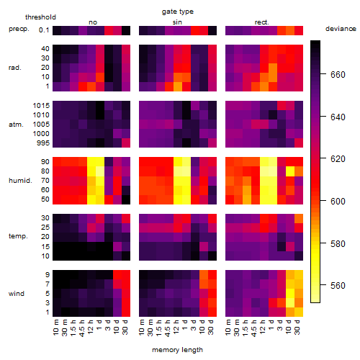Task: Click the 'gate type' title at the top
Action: click(178, 12)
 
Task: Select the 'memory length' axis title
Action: click(177, 350)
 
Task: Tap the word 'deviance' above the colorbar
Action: click(341, 29)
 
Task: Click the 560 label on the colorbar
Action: click(338, 285)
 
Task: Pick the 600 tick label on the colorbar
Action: click(338, 201)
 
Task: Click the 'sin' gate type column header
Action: click(177, 22)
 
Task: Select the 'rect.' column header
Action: click(262, 22)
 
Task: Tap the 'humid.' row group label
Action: click(20, 181)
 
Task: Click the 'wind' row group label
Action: click(17, 294)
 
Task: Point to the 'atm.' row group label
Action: click(16, 125)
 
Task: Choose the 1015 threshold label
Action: click(41, 106)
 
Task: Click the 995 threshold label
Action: click(43, 143)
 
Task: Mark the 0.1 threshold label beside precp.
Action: click(44, 30)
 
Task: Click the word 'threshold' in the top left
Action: click(40, 17)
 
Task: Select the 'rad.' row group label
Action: click(15, 68)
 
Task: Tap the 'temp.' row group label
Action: click(18, 236)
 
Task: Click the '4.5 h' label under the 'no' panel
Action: click(82, 328)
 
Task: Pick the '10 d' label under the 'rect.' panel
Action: click(289, 327)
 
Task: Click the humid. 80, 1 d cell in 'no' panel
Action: click(100, 171)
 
